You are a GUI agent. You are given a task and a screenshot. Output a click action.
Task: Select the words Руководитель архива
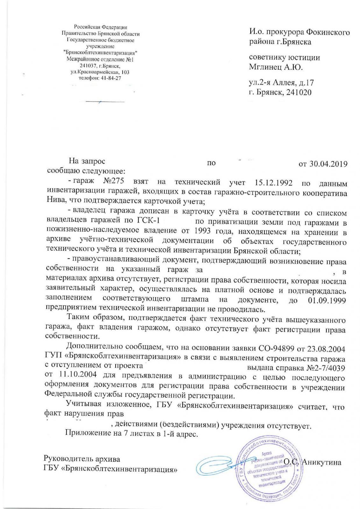coord(82,459)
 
